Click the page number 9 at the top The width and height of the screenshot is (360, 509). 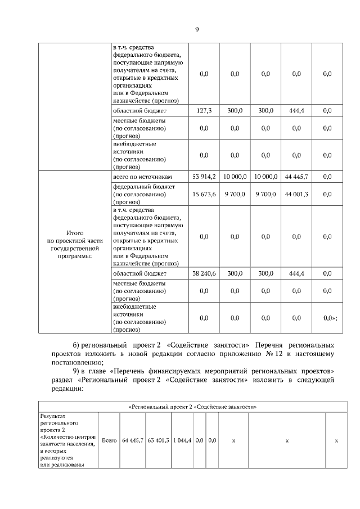pyautogui.click(x=197, y=30)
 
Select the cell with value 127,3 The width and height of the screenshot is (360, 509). pyautogui.click(x=204, y=111)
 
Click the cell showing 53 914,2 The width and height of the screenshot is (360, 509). pyautogui.click(x=204, y=177)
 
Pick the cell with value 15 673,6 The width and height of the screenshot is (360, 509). pyautogui.click(x=204, y=194)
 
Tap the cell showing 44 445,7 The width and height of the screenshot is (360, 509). pyautogui.click(x=296, y=177)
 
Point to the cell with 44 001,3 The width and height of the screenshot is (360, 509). pyautogui.click(x=296, y=194)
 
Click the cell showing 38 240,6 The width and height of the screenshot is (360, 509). pyautogui.click(x=204, y=273)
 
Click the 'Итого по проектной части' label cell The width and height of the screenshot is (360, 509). pyautogui.click(x=75, y=244)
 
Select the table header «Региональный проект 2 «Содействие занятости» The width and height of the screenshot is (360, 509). pyautogui.click(x=196, y=407)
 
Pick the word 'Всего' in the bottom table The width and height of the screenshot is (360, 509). pyautogui.click(x=110, y=440)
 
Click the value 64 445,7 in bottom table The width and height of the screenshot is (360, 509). pyautogui.click(x=133, y=440)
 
